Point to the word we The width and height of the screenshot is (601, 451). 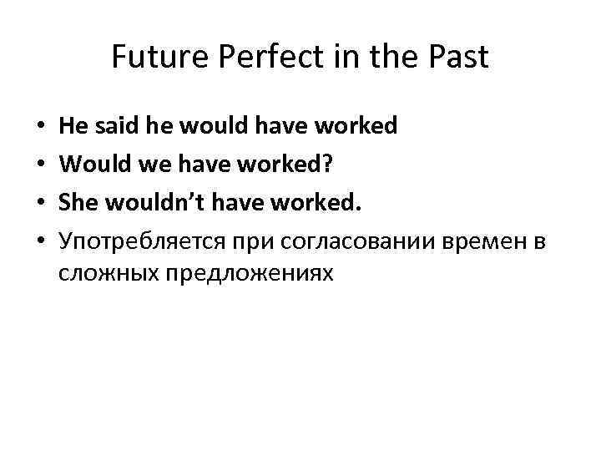tap(146, 165)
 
